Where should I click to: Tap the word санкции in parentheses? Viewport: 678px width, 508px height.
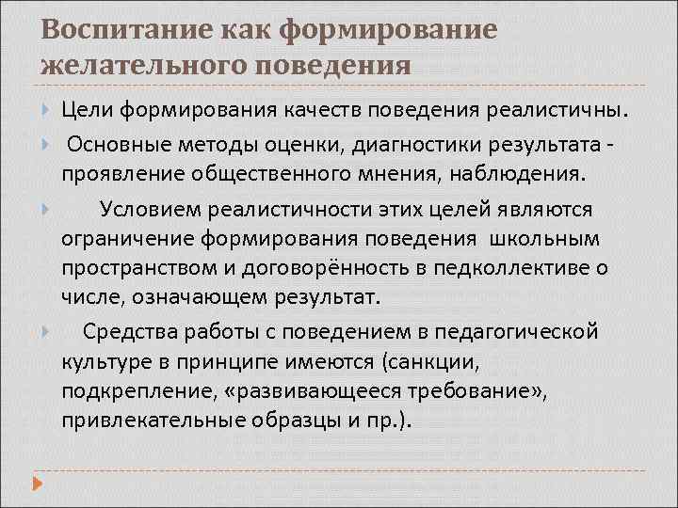(435, 361)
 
